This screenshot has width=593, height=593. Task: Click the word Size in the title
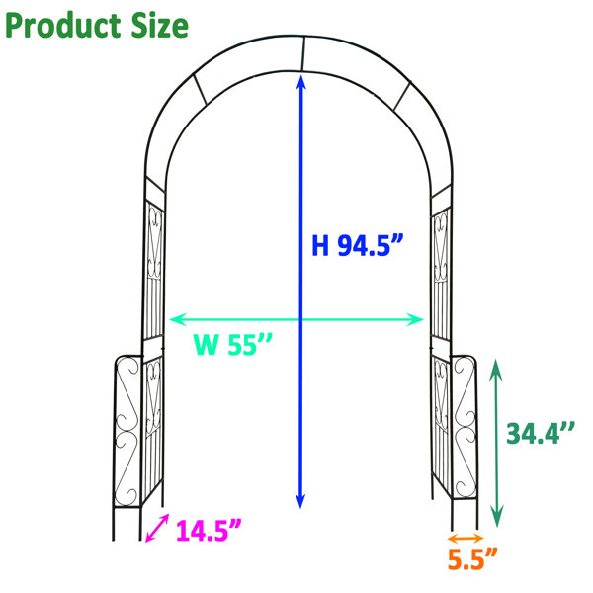(159, 26)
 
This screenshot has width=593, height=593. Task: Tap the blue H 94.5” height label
(358, 245)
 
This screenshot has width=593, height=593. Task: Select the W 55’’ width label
(232, 344)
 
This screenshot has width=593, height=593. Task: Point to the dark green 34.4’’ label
(541, 433)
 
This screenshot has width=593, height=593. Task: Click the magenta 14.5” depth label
(209, 530)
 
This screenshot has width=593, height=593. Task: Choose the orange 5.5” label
(472, 558)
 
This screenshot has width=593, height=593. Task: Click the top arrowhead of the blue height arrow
(300, 81)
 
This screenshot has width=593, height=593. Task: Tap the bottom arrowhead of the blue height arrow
(300, 501)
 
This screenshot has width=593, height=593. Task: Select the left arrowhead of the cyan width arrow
(177, 319)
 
